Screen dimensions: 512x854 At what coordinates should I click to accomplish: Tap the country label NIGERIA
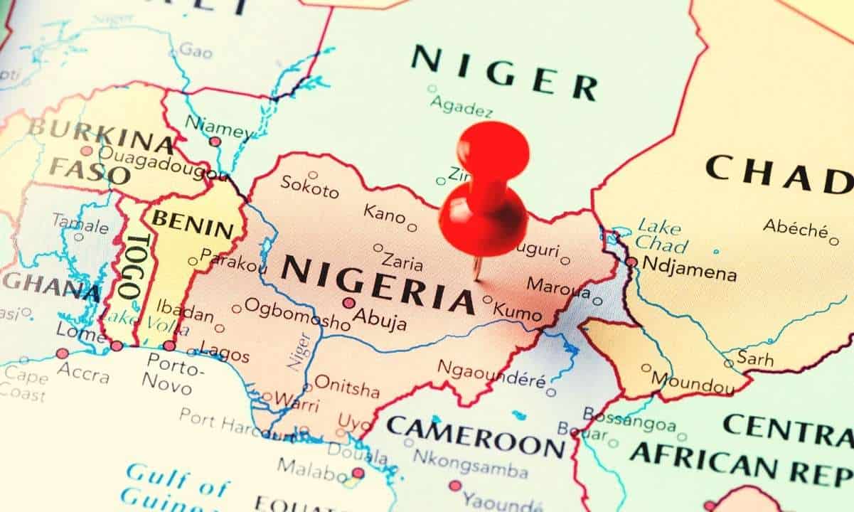pos(377,283)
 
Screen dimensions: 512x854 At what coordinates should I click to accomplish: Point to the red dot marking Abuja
pos(348,303)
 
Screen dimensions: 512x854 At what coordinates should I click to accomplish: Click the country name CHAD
pos(778,175)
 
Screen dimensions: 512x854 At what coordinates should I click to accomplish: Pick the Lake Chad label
pos(661,235)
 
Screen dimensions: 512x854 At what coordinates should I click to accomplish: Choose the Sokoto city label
pos(309,187)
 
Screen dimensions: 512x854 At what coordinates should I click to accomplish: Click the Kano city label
pos(384,213)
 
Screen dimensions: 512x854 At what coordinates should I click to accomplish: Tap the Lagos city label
pos(225,353)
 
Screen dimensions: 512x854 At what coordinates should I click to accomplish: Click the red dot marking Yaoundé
pos(455,486)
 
